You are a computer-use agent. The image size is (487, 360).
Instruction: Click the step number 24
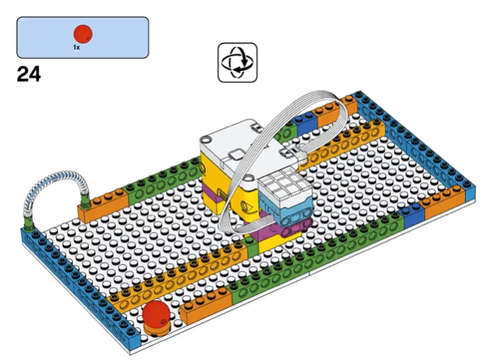click(x=29, y=74)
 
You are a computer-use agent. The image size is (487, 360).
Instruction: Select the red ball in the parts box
click(x=82, y=33)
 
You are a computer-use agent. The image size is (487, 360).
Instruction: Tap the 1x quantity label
click(x=77, y=47)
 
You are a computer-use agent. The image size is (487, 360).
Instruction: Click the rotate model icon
click(x=237, y=63)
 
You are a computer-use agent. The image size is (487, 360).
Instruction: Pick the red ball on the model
click(x=156, y=313)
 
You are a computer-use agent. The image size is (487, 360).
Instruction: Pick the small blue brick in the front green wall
click(x=411, y=214)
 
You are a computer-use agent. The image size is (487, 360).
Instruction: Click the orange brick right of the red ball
click(x=206, y=305)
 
